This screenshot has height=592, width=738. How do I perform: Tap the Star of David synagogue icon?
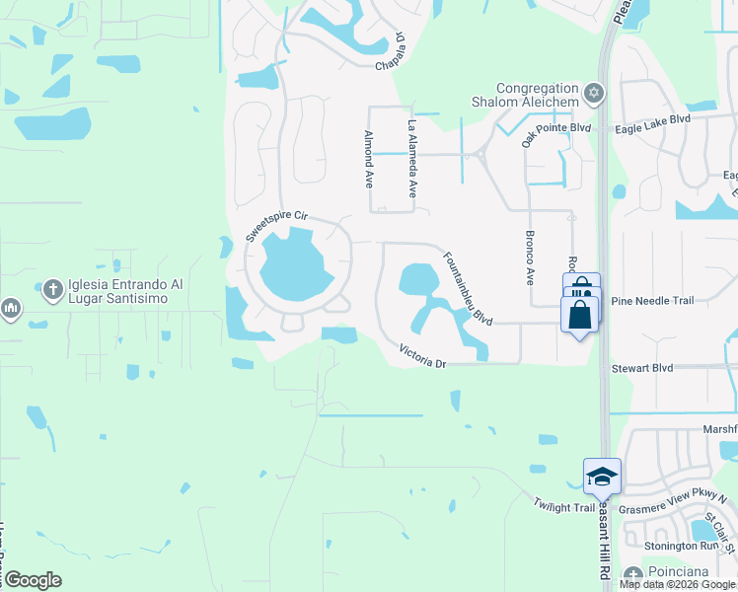click(x=593, y=95)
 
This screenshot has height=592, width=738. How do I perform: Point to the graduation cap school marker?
click(x=602, y=477)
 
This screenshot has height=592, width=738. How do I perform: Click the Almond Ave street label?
click(x=368, y=160)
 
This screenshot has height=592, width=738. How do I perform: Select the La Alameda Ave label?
click(x=412, y=159)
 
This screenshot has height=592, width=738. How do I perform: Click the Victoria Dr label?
click(x=423, y=356)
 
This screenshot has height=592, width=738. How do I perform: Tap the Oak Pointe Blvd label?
click(x=555, y=130)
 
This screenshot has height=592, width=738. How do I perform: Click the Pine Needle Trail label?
click(x=653, y=301)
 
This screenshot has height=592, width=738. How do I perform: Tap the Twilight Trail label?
click(x=564, y=507)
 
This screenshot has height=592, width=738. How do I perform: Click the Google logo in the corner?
click(x=33, y=580)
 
